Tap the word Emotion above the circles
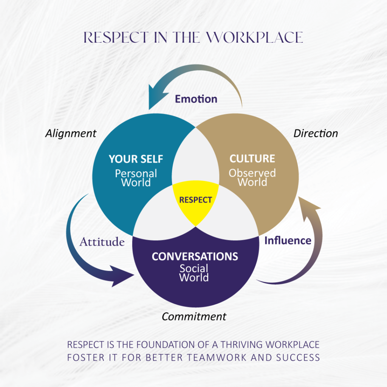point(196,99)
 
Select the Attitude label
point(102,242)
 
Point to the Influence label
point(288,241)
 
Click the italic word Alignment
point(71,133)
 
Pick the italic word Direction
point(316,133)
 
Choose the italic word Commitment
point(194,316)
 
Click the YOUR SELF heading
point(136,159)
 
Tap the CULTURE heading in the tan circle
point(252,159)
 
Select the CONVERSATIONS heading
point(195,257)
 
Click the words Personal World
point(136,178)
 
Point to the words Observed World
point(252,178)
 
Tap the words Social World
point(194,273)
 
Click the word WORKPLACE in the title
point(255,37)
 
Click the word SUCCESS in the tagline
point(298,358)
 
